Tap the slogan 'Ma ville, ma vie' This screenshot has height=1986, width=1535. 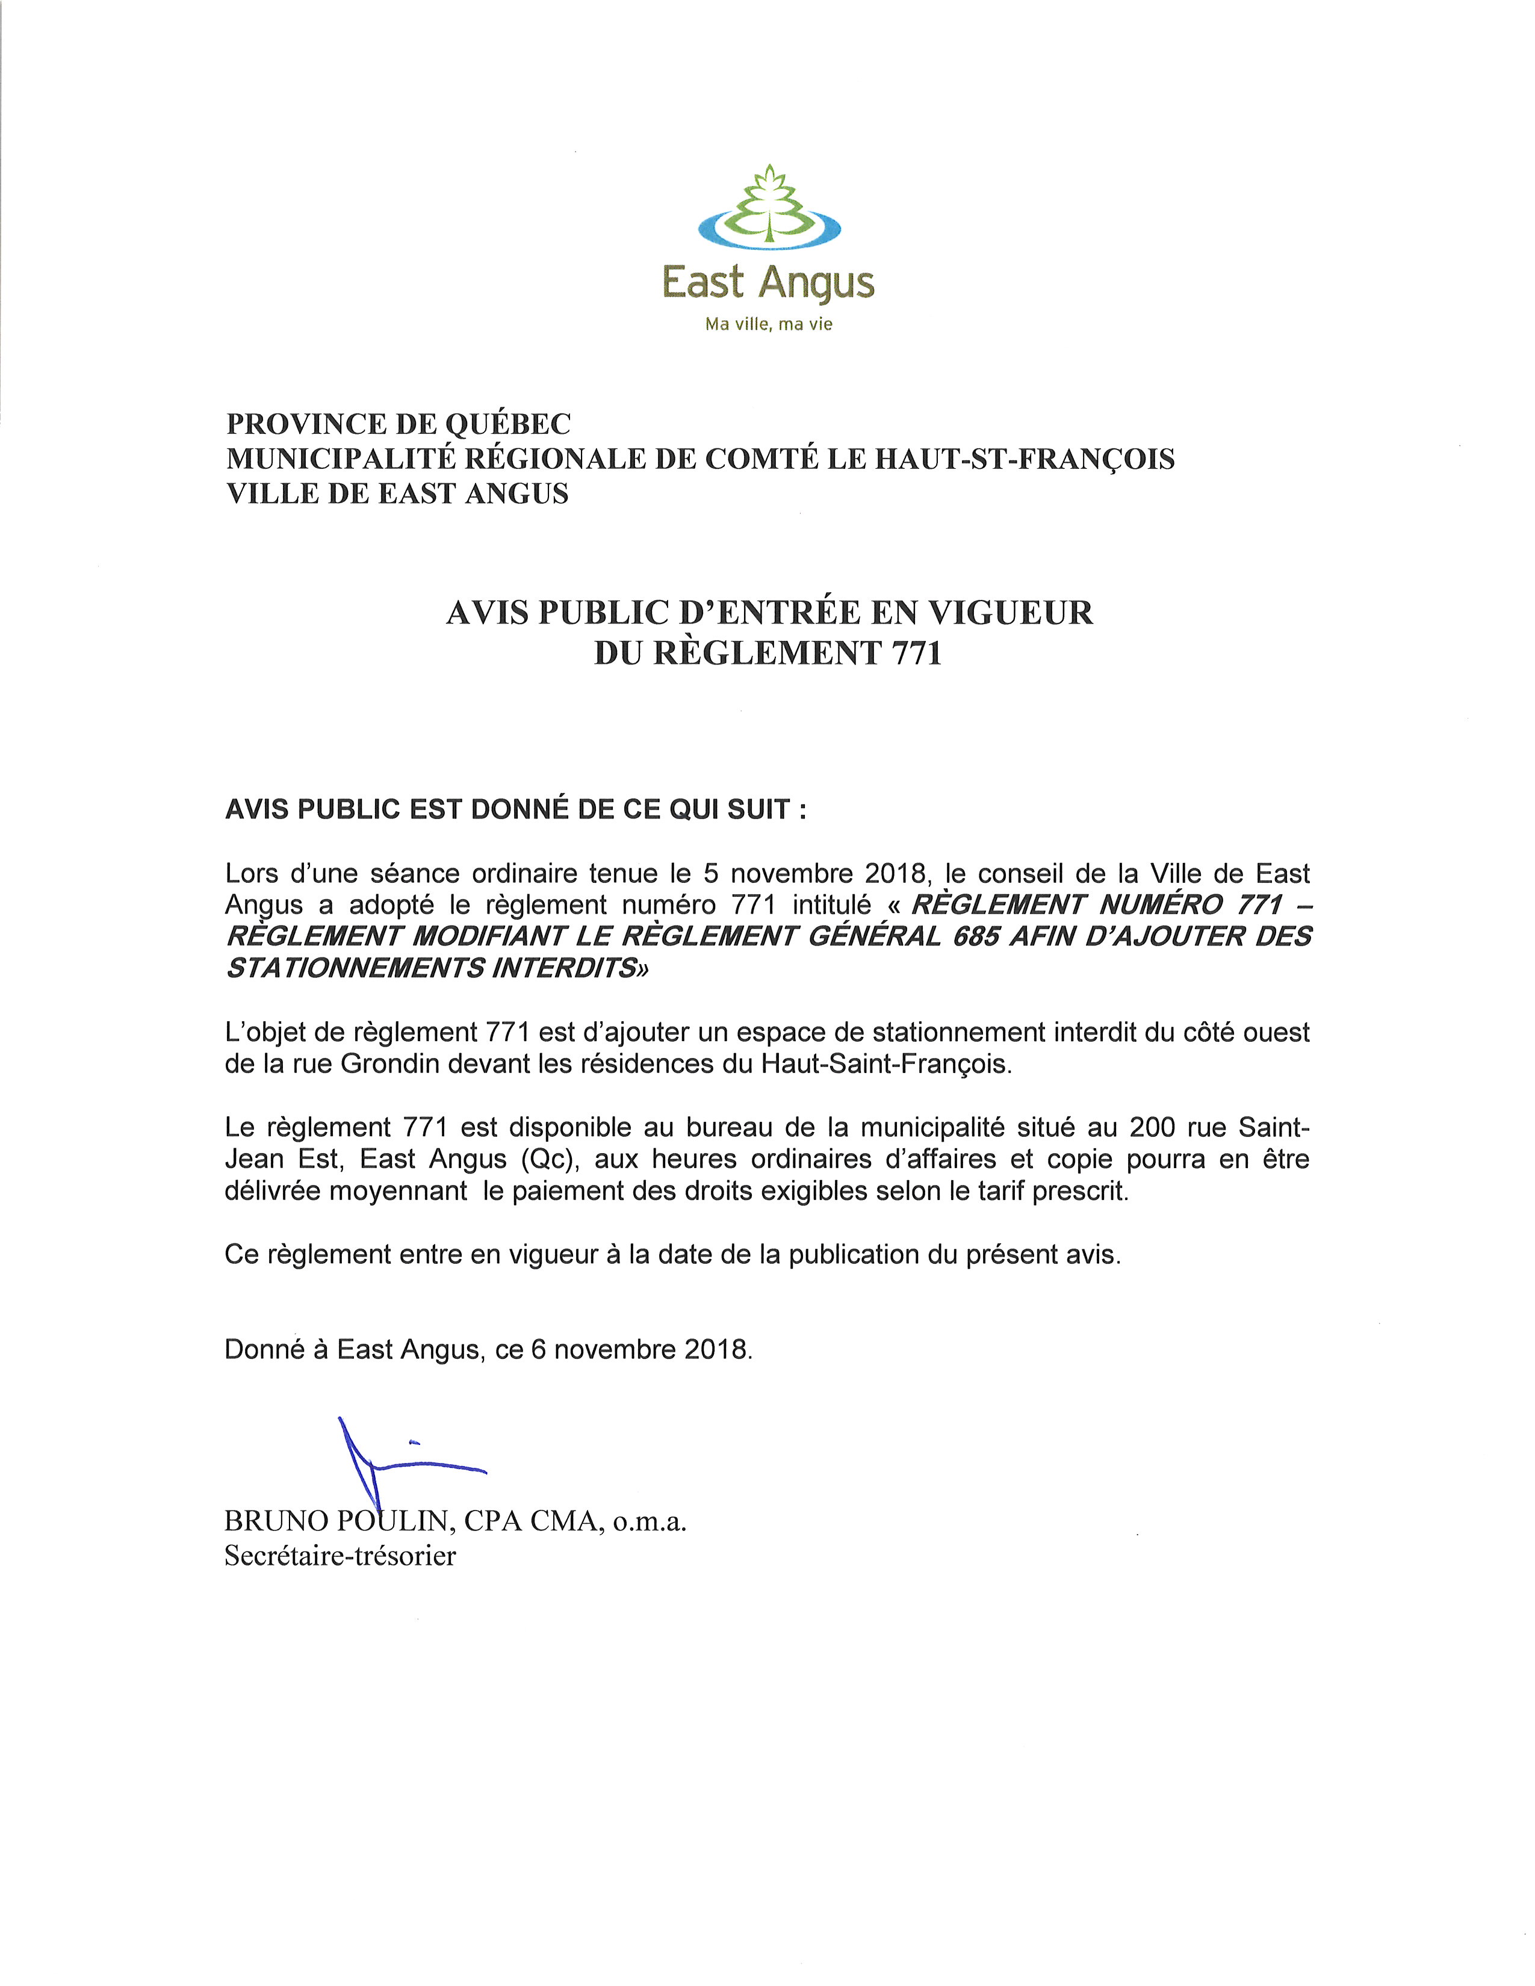(769, 324)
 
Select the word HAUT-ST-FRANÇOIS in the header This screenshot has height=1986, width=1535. (1025, 459)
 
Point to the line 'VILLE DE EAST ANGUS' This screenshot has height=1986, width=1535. (397, 493)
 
